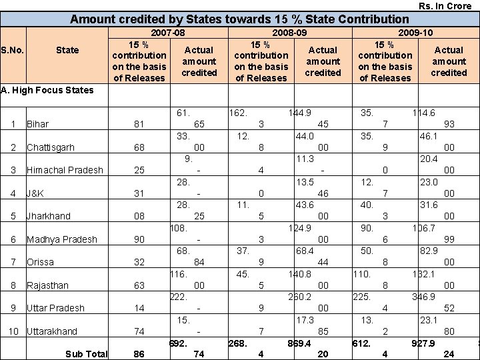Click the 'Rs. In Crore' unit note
click(x=445, y=6)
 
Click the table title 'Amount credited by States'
click(x=239, y=19)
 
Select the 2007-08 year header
click(x=167, y=32)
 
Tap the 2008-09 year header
click(x=289, y=32)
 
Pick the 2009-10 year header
click(x=415, y=32)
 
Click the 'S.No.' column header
click(x=13, y=50)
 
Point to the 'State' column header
click(x=67, y=50)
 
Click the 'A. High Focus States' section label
click(x=47, y=90)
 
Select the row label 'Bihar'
click(x=37, y=125)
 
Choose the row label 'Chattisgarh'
click(x=51, y=147)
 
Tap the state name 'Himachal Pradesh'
click(x=65, y=171)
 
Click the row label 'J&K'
click(x=35, y=193)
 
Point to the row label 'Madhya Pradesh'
click(x=61, y=239)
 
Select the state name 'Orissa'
click(x=40, y=263)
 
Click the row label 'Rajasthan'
click(x=47, y=285)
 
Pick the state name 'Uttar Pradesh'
click(x=55, y=308)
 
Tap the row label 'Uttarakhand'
click(x=52, y=331)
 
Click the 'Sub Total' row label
click(x=86, y=354)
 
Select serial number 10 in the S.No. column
click(x=13, y=331)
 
